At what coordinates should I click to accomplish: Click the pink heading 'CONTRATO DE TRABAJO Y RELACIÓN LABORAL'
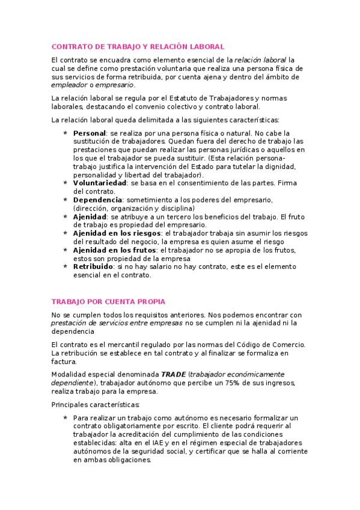click(x=138, y=46)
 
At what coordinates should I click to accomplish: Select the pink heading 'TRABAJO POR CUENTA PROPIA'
click(x=108, y=301)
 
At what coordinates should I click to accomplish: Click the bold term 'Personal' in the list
click(x=89, y=133)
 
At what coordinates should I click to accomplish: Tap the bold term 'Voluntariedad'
click(x=99, y=183)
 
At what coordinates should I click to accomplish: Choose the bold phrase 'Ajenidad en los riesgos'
click(x=117, y=233)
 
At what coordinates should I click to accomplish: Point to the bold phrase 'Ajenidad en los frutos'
click(x=114, y=249)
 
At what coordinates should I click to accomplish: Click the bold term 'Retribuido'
click(x=93, y=265)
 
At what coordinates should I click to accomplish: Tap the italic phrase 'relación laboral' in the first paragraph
click(x=260, y=60)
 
